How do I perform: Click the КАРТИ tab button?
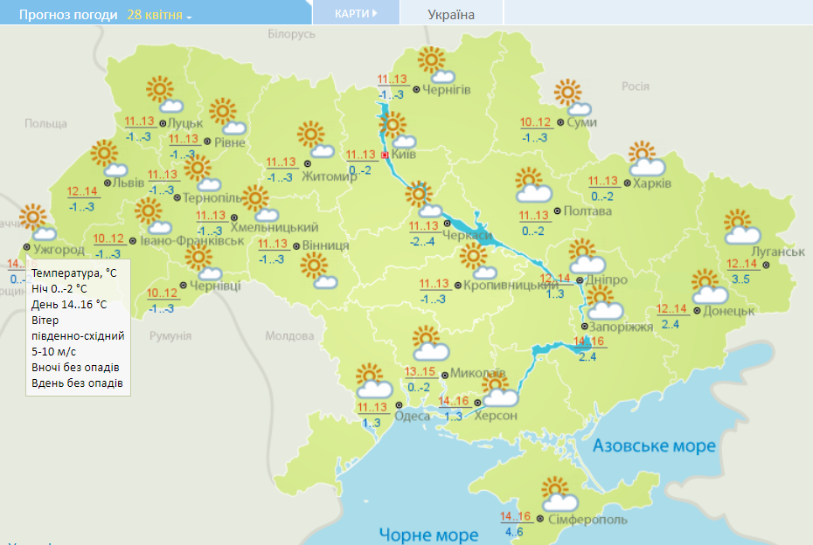click(x=356, y=13)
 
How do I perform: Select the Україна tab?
click(x=451, y=14)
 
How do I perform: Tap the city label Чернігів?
click(x=447, y=90)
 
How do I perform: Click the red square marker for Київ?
click(x=385, y=155)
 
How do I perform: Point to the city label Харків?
click(x=652, y=183)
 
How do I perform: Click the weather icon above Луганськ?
click(x=740, y=226)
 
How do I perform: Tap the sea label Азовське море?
click(x=655, y=446)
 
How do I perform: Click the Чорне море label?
click(x=428, y=535)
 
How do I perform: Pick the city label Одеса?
click(x=413, y=416)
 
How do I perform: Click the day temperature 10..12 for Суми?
click(x=536, y=122)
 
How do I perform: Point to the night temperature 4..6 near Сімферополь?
click(x=514, y=532)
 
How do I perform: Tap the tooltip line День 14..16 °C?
click(x=69, y=304)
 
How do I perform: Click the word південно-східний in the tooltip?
click(x=78, y=335)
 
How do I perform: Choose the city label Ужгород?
click(x=59, y=250)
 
